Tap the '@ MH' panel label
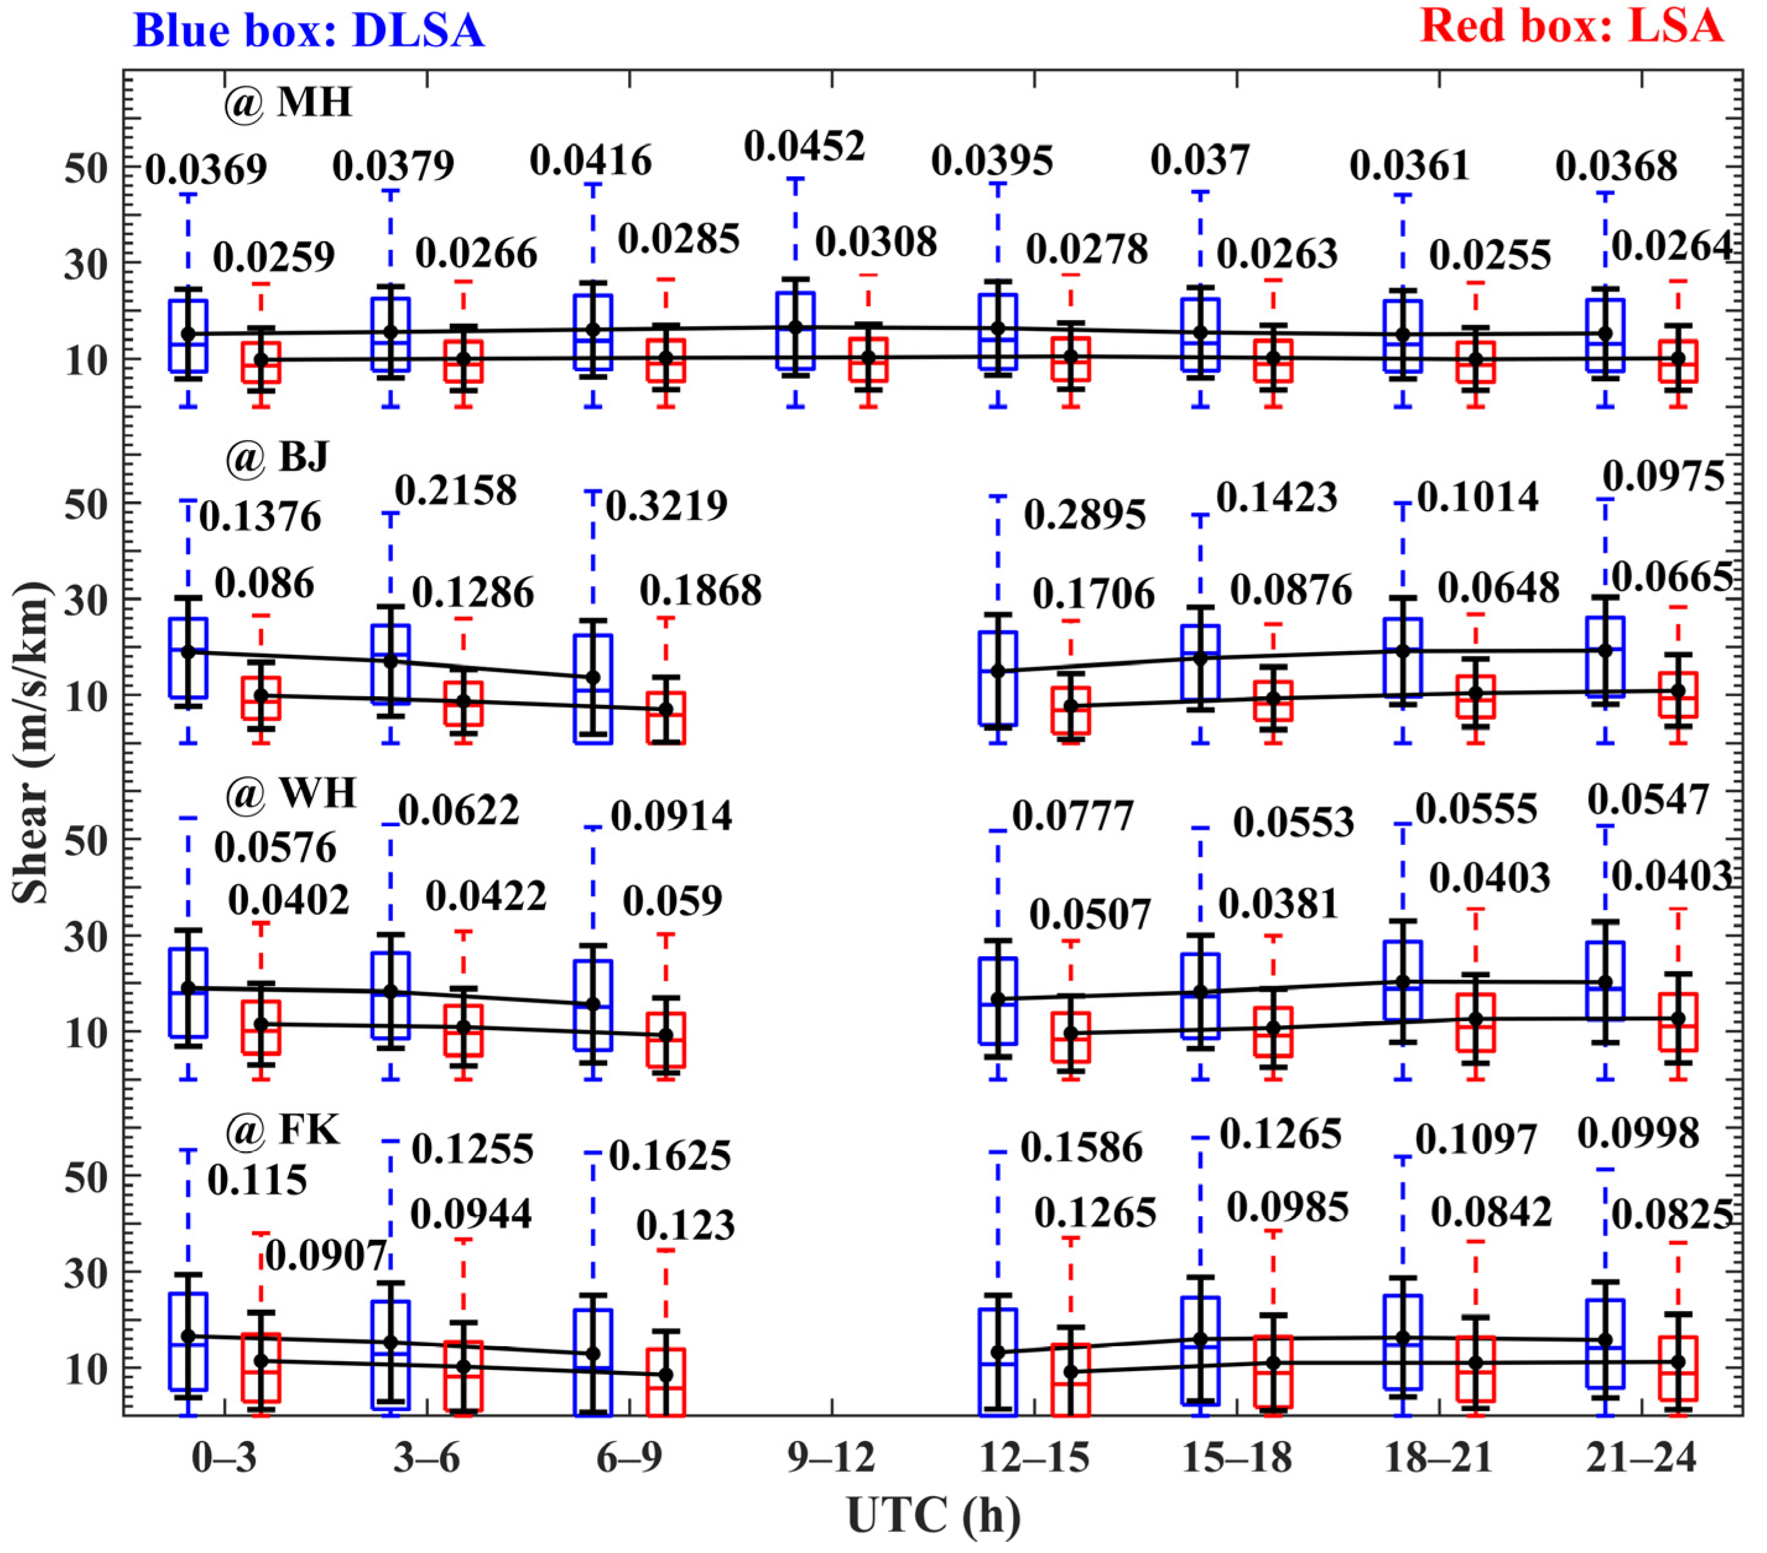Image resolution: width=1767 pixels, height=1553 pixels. (288, 103)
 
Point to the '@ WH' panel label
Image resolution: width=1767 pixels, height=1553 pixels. (290, 793)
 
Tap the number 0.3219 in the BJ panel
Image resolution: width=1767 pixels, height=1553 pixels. (666, 506)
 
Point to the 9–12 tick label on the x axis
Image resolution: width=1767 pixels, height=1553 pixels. (831, 1459)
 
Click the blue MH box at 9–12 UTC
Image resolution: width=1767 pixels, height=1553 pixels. (795, 331)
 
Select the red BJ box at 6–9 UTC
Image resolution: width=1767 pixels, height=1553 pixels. (666, 718)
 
